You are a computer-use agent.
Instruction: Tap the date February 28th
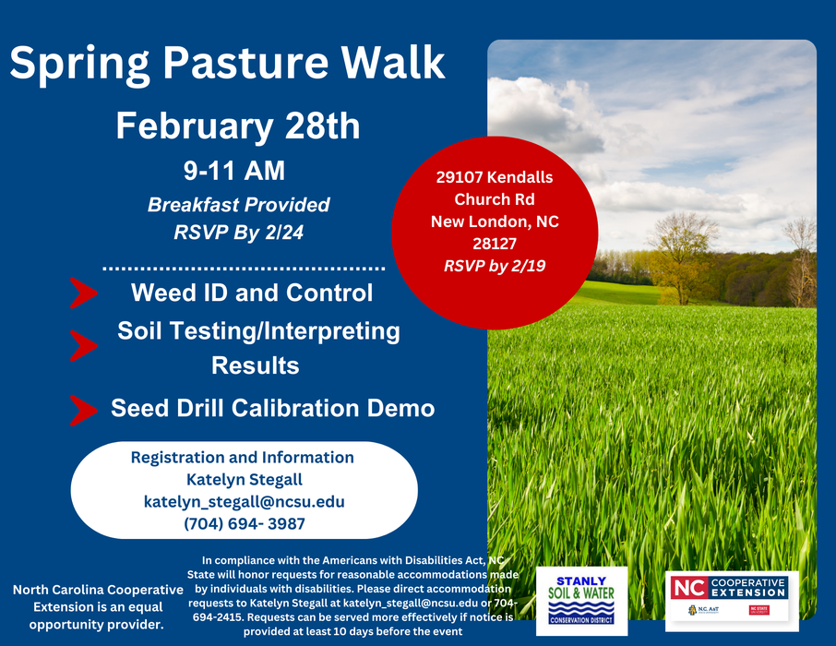pyautogui.click(x=237, y=126)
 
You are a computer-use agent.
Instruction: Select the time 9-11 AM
pyautogui.click(x=233, y=171)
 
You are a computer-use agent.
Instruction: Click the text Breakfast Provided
pyautogui.click(x=238, y=205)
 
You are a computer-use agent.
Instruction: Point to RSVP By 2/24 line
pyautogui.click(x=238, y=233)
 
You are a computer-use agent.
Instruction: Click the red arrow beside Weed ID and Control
pyautogui.click(x=84, y=293)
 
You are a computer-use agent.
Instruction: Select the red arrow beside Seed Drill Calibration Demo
pyautogui.click(x=84, y=409)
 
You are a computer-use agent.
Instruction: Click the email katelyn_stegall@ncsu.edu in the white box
pyautogui.click(x=244, y=501)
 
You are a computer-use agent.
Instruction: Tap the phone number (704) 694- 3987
pyautogui.click(x=244, y=523)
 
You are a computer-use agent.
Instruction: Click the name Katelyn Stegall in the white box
pyautogui.click(x=244, y=479)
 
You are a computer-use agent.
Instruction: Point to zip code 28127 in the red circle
pyautogui.click(x=495, y=245)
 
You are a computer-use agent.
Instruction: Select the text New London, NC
pyautogui.click(x=495, y=221)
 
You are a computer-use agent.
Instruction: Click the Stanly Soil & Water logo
pyautogui.click(x=581, y=600)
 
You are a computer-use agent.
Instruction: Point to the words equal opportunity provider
pyautogui.click(x=97, y=616)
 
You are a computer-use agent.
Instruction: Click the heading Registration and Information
pyautogui.click(x=242, y=457)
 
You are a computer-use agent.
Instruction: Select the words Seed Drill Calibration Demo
pyautogui.click(x=272, y=408)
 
